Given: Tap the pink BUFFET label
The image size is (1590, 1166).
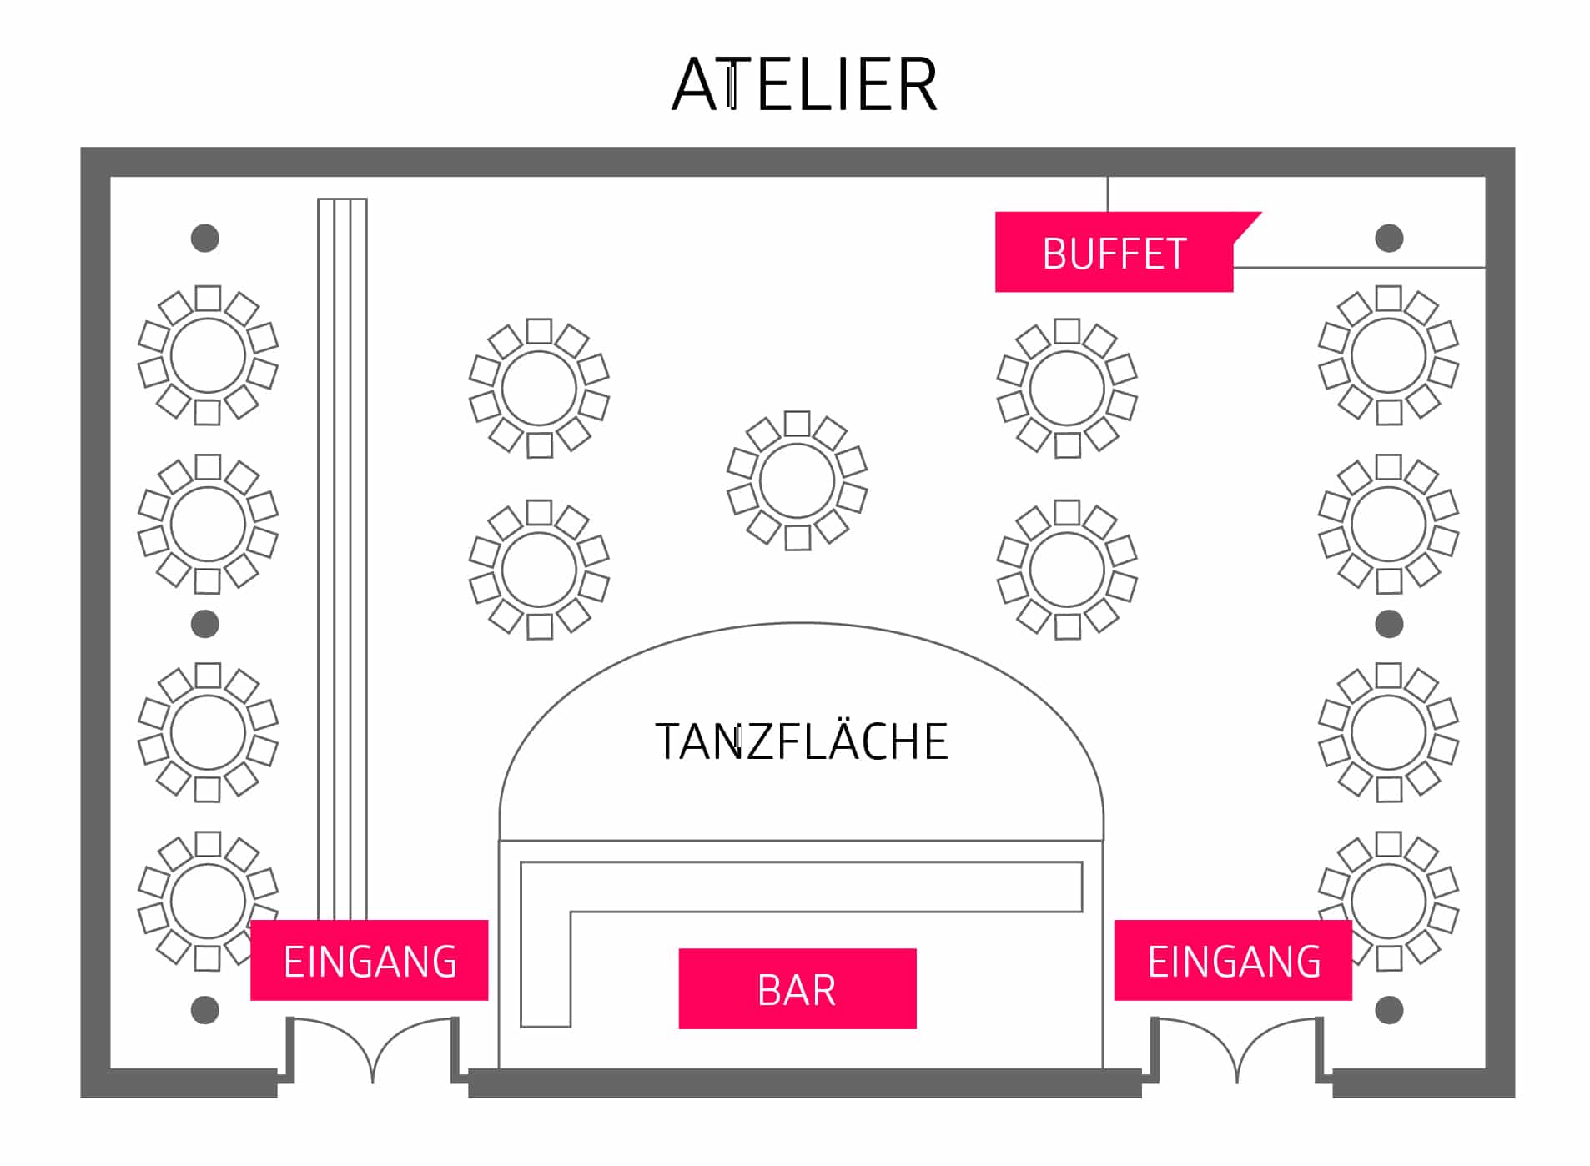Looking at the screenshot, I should coord(1113,253).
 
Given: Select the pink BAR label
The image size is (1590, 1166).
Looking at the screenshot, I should coord(797,988).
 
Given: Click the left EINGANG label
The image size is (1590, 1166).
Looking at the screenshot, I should coord(369,960).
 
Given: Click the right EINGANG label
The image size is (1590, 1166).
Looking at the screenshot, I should coord(1233,960).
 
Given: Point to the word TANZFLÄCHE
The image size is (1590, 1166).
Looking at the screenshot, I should coord(801,741).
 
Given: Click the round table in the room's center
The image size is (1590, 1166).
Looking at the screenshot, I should coord(797,480).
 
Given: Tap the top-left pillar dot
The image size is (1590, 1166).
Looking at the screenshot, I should coord(205,239).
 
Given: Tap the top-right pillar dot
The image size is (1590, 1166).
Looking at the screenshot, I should coord(1388,239).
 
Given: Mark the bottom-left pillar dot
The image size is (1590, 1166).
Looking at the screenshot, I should coord(205,1010).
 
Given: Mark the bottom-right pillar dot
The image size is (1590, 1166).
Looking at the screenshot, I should coord(1388,1010).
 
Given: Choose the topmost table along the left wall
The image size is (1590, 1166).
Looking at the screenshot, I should coord(208,355).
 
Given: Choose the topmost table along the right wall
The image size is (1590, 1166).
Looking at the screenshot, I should coord(1388,355).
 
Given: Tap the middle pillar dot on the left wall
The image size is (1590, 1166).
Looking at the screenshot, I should coord(205,624).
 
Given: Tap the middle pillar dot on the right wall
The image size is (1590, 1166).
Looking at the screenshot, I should coord(1388,624).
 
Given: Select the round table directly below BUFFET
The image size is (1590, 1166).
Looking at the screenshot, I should coord(1067,389).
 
